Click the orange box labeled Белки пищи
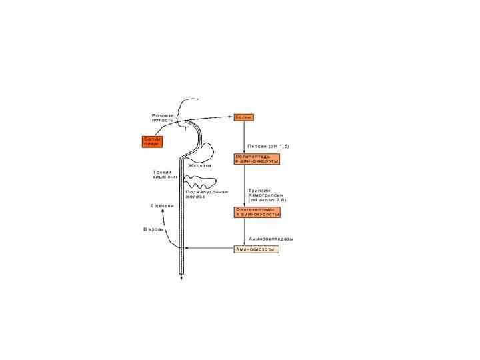[153, 141]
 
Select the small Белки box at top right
[243, 117]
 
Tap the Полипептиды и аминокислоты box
[257, 159]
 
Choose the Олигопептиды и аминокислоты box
[257, 212]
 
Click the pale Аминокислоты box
[257, 249]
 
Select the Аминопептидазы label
[271, 238]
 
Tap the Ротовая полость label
[163, 118]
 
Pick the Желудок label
[200, 165]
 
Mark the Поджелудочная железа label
[207, 194]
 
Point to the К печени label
[161, 206]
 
